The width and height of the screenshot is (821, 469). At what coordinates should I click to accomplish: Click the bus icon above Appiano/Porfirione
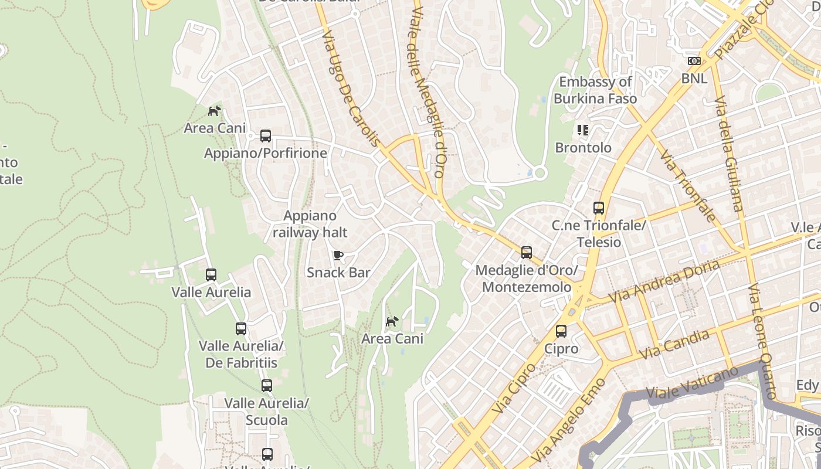(266, 136)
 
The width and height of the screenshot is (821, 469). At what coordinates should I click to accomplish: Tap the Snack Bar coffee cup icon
(338, 255)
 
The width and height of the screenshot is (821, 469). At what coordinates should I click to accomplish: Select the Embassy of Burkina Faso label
(595, 90)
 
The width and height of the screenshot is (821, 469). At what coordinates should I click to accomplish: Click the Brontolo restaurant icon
(582, 130)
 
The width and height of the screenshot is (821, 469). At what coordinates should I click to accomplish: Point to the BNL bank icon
(694, 61)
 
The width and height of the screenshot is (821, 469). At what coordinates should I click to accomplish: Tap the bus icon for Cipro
(561, 331)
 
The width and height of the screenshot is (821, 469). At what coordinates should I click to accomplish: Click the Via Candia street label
(674, 345)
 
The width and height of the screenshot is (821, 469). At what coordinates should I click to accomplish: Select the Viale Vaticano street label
(692, 384)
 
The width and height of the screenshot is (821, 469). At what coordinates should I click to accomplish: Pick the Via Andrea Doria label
(664, 281)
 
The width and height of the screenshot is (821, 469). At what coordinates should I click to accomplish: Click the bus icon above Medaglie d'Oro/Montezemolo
(527, 253)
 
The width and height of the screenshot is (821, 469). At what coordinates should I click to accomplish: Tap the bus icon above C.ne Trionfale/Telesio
(598, 208)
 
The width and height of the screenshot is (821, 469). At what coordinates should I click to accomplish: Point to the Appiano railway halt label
(310, 224)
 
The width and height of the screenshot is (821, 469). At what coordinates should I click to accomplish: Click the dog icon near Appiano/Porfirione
(215, 110)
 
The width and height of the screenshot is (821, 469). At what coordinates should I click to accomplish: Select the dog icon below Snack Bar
(392, 321)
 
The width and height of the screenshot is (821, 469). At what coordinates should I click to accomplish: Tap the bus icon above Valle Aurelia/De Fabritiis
(241, 329)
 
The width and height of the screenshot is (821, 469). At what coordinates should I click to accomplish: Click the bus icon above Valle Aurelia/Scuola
(267, 386)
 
